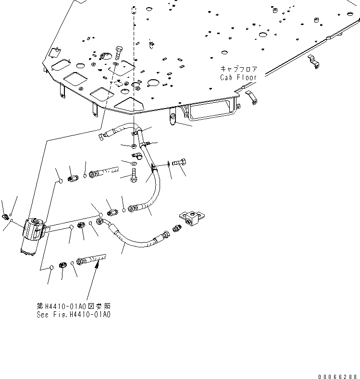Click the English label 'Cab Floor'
pos(238,78)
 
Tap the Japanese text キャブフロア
pos(238,69)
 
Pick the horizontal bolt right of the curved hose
pos(180,164)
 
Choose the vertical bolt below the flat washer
pos(134,175)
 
